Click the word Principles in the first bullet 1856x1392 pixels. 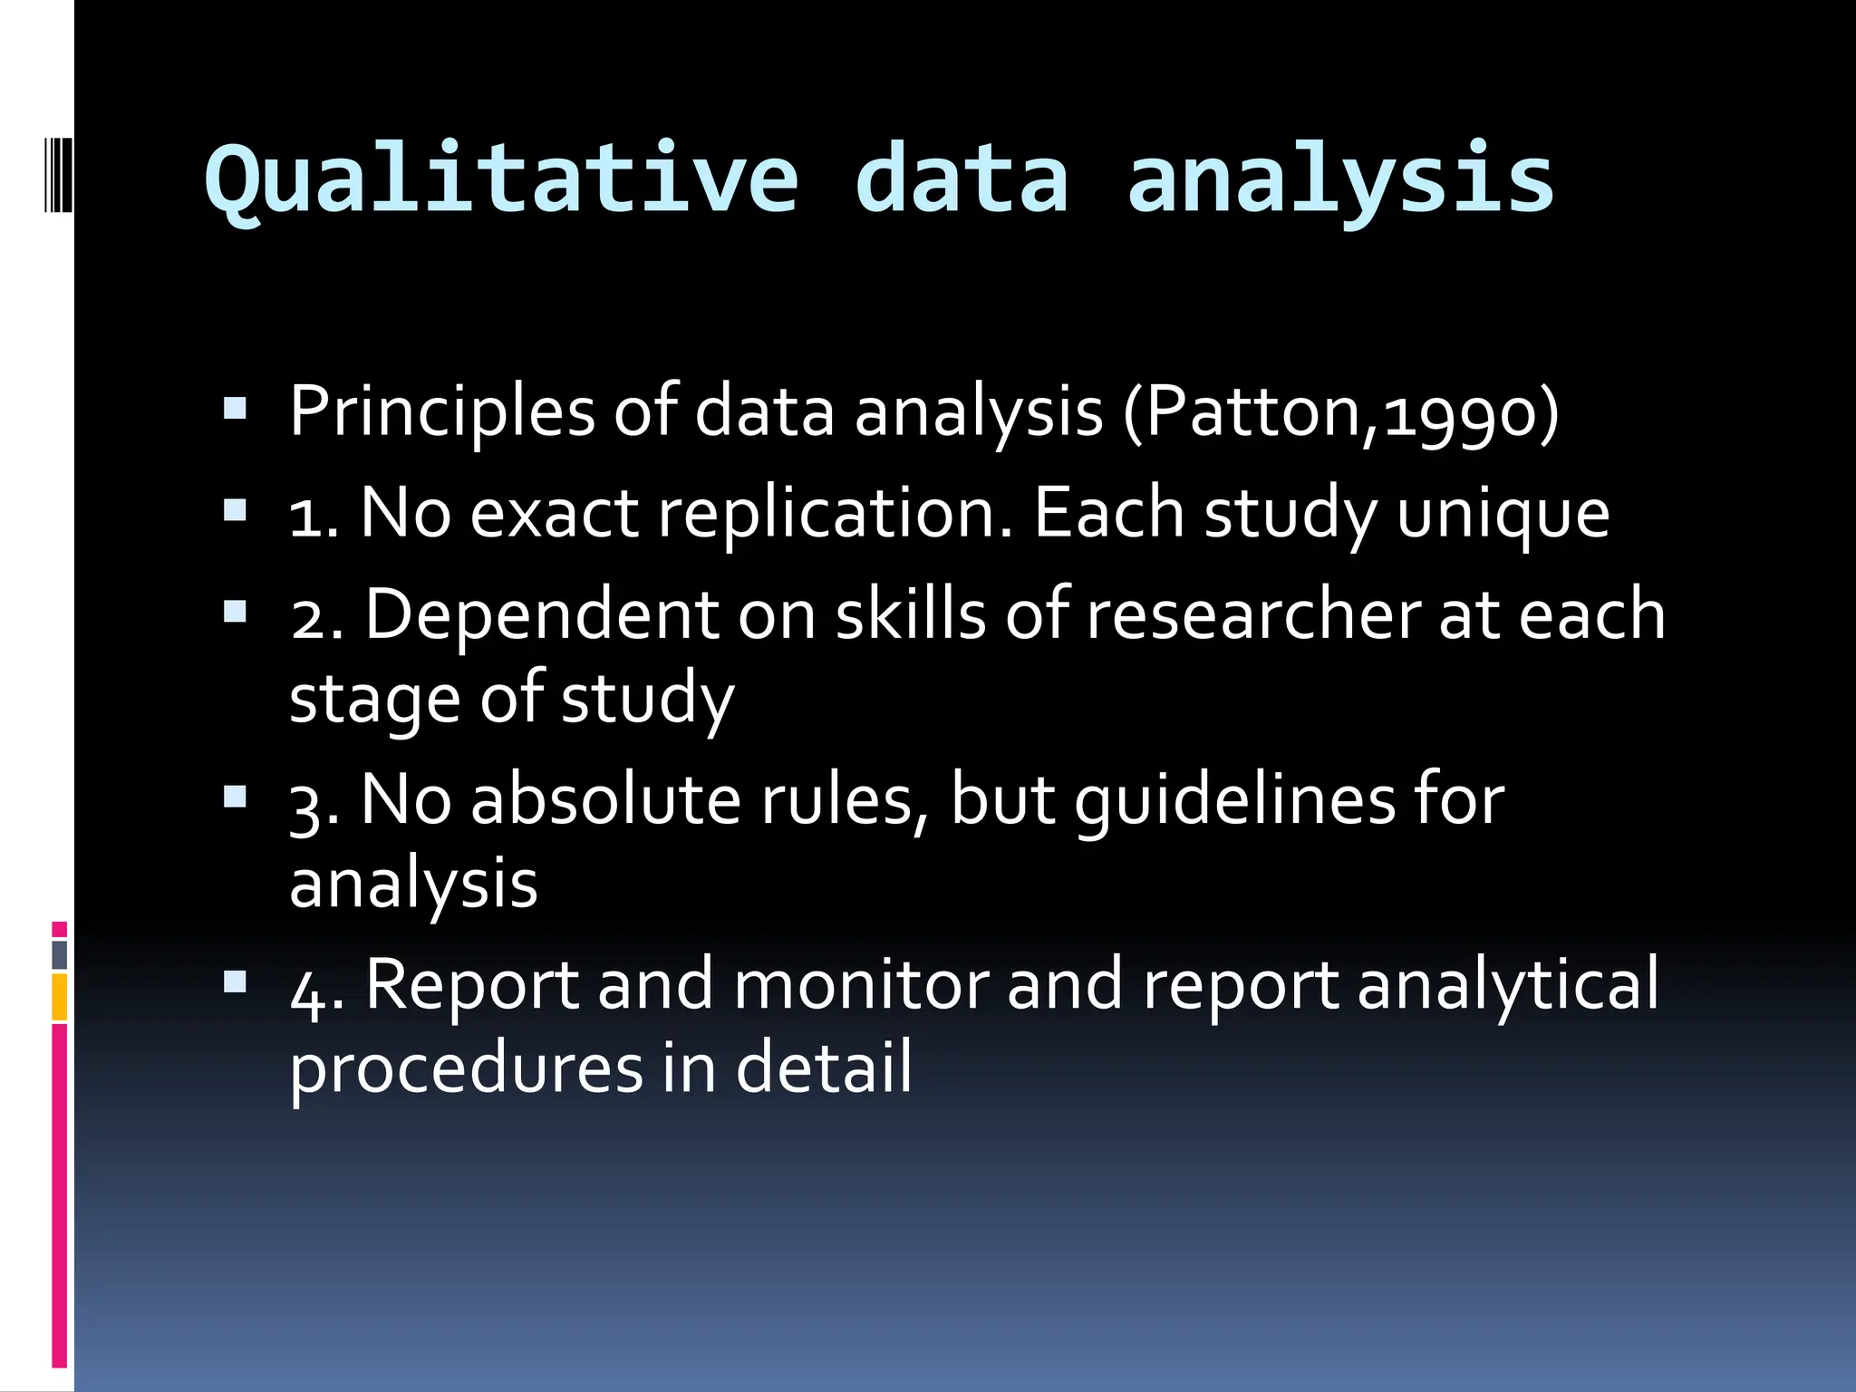(x=442, y=412)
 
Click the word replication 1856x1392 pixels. (x=835, y=514)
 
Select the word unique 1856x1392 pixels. (x=1503, y=514)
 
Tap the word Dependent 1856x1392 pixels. (x=542, y=614)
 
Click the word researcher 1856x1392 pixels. (x=1252, y=614)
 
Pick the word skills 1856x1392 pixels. (x=910, y=614)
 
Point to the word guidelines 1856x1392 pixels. (x=1234, y=801)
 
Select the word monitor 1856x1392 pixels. (x=861, y=984)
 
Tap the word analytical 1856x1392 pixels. (x=1508, y=984)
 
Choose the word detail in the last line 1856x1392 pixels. (x=823, y=1068)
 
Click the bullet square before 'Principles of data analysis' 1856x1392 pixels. (x=236, y=410)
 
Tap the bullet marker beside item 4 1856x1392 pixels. (x=236, y=981)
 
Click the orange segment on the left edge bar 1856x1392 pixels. (x=60, y=997)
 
